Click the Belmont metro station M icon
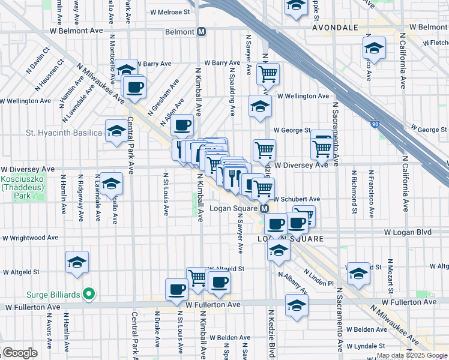(x=202, y=32)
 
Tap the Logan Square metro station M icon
(x=264, y=209)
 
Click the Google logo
(x=20, y=353)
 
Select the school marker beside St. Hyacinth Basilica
(x=115, y=131)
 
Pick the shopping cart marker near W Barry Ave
(x=268, y=74)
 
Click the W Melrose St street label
(x=169, y=11)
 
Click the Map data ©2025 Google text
(x=412, y=355)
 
